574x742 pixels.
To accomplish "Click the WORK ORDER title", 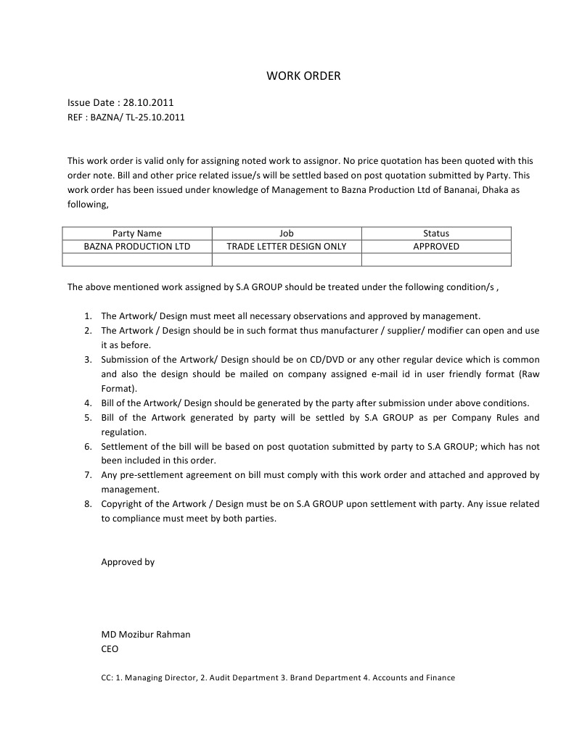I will click(303, 75).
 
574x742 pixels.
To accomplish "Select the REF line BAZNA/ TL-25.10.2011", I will click(126, 117).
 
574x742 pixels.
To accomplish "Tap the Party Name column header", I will click(136, 234).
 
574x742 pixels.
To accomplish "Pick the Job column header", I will click(287, 234).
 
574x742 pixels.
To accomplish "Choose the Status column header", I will click(436, 234).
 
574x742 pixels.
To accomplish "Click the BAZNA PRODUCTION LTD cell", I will click(136, 247).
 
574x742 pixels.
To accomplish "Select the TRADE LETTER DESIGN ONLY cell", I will click(287, 247).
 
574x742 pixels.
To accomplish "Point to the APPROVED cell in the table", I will click(436, 247).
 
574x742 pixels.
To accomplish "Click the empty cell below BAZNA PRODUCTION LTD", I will click(136, 260).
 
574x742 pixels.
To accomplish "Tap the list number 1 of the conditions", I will click(86, 316).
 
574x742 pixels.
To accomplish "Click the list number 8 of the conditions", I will click(86, 504).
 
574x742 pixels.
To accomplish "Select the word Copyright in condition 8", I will click(122, 504).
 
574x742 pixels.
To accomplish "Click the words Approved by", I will click(128, 562).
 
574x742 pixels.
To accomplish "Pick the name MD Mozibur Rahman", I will click(146, 635).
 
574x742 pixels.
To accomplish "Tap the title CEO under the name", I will click(110, 649).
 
